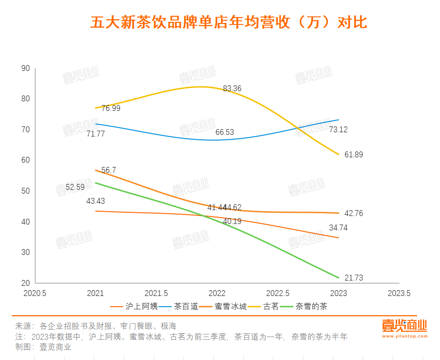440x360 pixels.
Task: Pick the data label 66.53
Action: pos(225,132)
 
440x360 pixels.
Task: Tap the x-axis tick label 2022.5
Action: pos(278,293)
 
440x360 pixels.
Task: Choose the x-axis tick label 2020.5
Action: pos(35,293)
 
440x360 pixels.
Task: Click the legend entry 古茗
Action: pos(271,306)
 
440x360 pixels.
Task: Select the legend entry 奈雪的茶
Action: pos(312,306)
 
